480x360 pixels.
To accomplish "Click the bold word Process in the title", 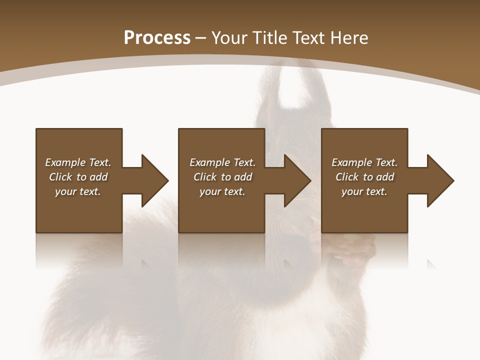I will click(x=157, y=38).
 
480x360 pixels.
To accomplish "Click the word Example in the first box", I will click(x=65, y=162).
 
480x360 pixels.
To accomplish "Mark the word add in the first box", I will click(x=98, y=177).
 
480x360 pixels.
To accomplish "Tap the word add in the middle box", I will click(x=243, y=177).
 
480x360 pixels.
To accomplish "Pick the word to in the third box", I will click(x=368, y=177).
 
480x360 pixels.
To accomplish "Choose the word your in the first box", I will click(x=66, y=191).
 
